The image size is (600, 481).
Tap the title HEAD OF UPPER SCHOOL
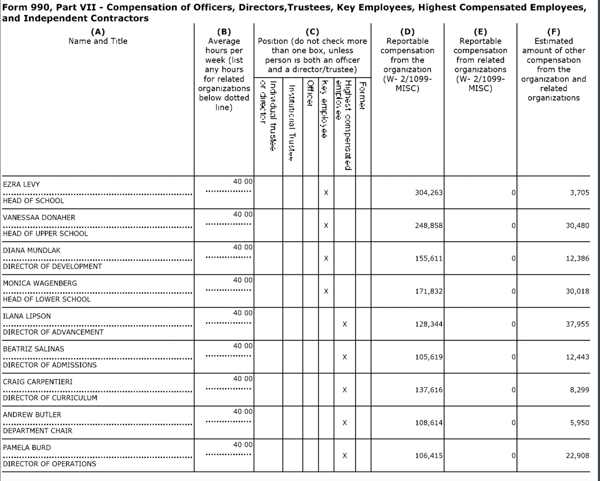pos(45,233)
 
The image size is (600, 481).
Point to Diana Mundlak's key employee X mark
pos(325,259)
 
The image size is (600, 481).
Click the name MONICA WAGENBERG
pos(40,283)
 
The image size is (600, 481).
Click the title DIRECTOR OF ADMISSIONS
pos(50,365)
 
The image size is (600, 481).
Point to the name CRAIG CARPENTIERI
pos(38,382)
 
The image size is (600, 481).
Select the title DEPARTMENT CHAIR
pos(37,430)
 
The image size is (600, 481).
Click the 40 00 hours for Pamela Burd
pos(242,444)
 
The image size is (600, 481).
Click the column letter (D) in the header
pos(407,32)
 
